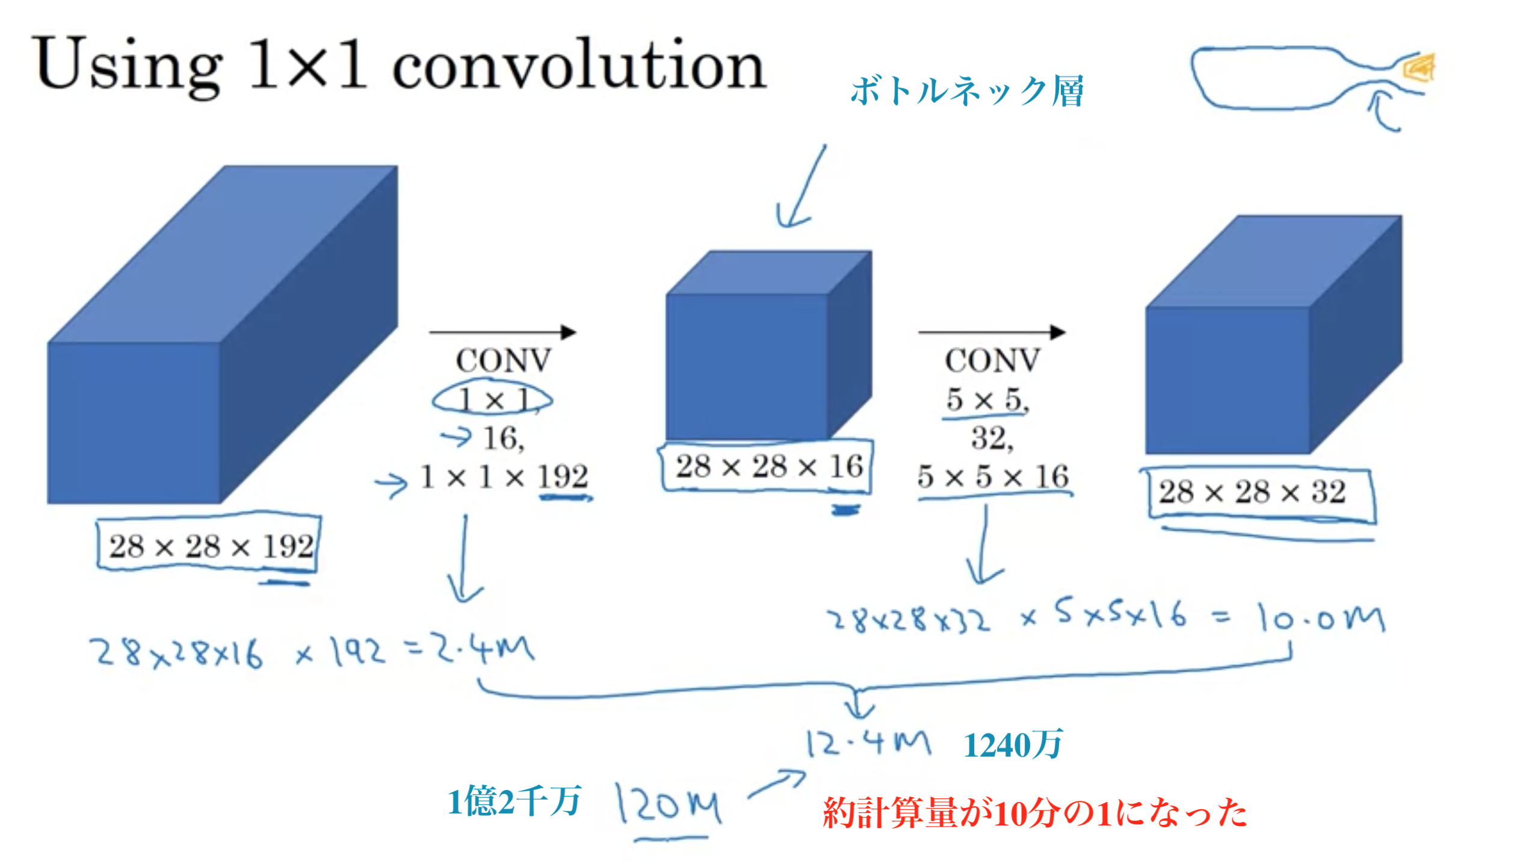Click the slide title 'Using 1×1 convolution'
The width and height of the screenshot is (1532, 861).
coord(400,65)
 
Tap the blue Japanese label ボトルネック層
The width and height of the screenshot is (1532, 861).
coord(968,92)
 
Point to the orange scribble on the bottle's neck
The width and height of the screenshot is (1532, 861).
coord(1419,67)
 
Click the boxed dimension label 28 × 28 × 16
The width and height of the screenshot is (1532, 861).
coord(767,467)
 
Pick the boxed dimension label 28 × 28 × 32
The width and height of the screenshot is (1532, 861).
coord(1258,493)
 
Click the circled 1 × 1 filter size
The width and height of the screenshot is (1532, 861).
coord(492,399)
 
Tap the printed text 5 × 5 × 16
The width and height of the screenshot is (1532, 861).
coord(993,477)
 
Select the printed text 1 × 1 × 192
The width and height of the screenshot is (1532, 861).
coord(504,477)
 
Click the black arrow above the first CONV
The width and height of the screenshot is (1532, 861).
coord(502,332)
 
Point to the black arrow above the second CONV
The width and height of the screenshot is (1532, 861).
coord(992,332)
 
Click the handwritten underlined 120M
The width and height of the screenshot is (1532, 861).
coord(668,803)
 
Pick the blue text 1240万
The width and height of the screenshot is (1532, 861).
coord(1013,745)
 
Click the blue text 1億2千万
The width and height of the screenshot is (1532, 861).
coord(514,801)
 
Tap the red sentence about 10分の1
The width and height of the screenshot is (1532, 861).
coord(1035,813)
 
